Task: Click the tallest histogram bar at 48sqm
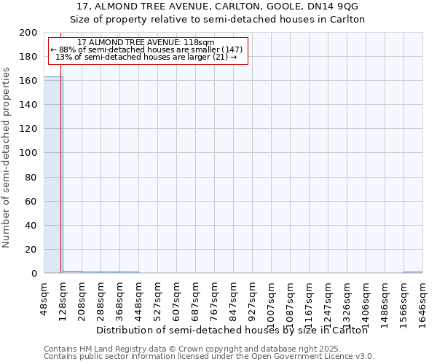coord(53,175)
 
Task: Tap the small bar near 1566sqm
coord(413,272)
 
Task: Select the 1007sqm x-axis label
coord(272,298)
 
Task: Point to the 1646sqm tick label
coord(423,298)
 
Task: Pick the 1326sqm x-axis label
coord(347,298)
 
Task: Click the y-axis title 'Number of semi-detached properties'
coord(7,157)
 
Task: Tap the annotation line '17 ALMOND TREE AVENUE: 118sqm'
coord(146,43)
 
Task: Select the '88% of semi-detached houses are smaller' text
coord(146,50)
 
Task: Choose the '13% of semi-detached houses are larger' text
coord(146,57)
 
